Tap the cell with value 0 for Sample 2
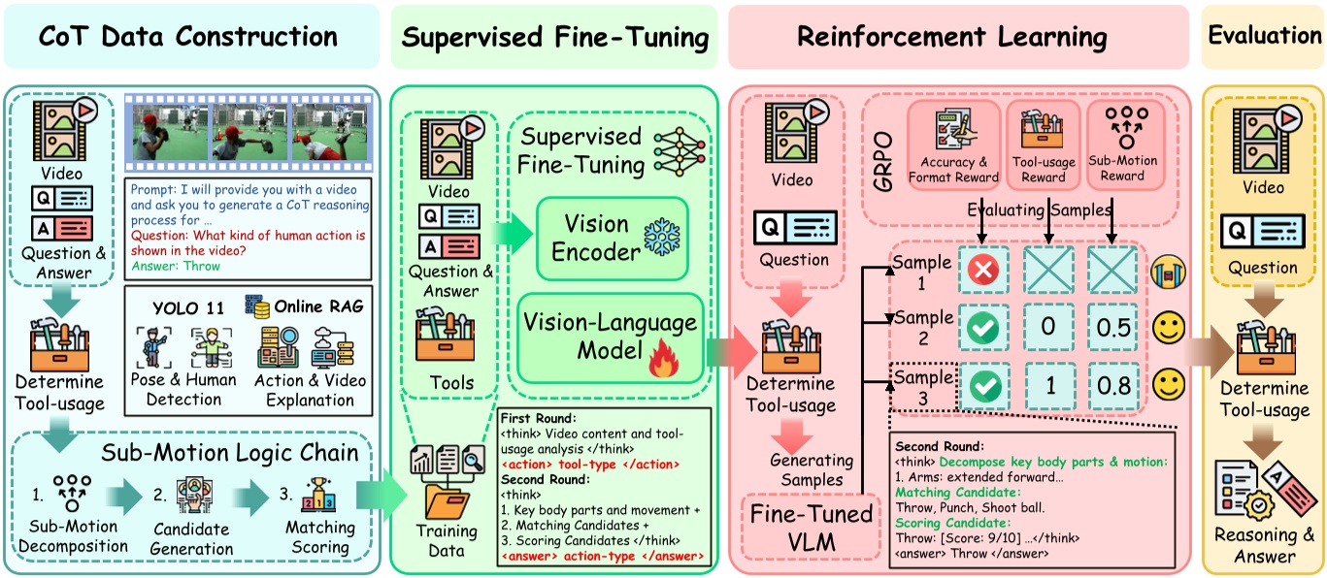click(1047, 329)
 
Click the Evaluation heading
click(1264, 35)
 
